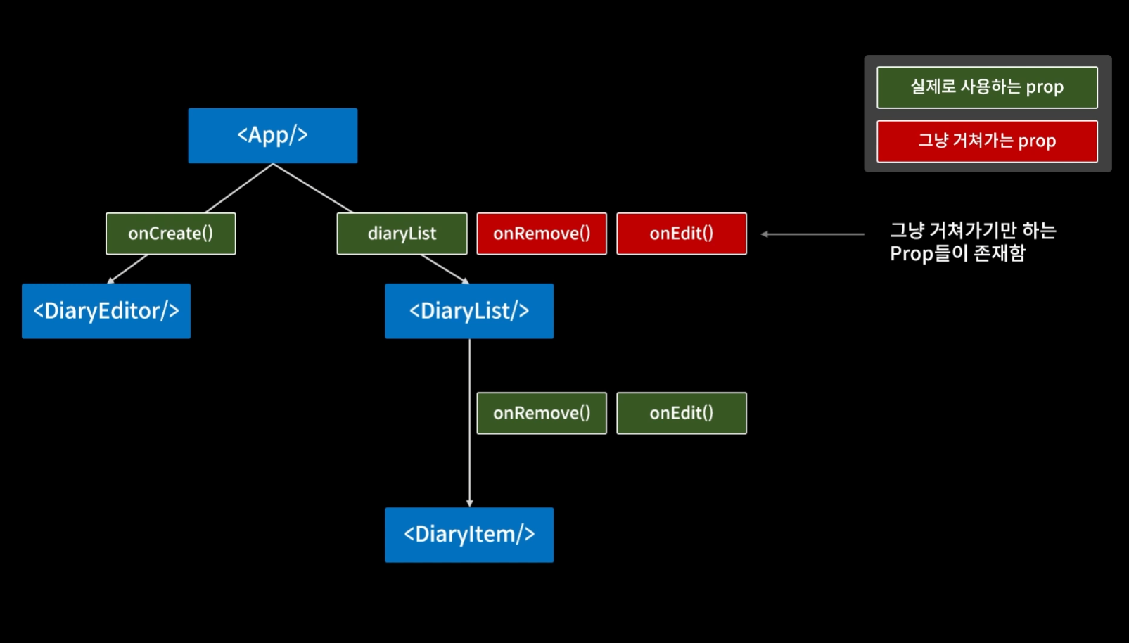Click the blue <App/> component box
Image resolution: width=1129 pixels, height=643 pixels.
coord(272,135)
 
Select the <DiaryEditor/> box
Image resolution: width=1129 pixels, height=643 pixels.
coord(106,311)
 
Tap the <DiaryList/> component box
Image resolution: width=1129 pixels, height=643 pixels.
coord(468,311)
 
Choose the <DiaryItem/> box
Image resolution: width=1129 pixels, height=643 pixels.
coord(468,535)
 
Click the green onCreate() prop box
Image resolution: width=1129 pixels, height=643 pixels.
coord(170,234)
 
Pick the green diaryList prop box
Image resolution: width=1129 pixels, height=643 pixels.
coord(402,234)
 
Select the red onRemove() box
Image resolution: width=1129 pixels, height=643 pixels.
coord(541,234)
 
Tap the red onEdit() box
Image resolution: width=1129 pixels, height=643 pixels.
coord(681,234)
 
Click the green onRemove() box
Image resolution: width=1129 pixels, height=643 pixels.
coord(541,413)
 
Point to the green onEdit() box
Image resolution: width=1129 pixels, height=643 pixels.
coord(681,413)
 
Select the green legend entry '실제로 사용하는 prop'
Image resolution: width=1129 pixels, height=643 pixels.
coord(986,87)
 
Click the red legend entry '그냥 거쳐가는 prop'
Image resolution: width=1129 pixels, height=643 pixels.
coord(986,141)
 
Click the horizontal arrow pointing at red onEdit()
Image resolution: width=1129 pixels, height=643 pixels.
coord(812,234)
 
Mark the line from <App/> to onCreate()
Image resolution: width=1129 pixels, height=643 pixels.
coord(239,188)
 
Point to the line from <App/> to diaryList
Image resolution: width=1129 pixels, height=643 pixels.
coord(312,188)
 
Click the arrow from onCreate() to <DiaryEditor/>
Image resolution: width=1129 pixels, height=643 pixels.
coord(128,269)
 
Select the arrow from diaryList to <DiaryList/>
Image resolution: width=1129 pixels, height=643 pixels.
coord(444,269)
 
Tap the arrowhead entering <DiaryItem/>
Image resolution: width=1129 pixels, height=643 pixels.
coord(469,503)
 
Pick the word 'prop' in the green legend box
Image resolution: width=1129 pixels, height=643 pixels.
coord(1044,87)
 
